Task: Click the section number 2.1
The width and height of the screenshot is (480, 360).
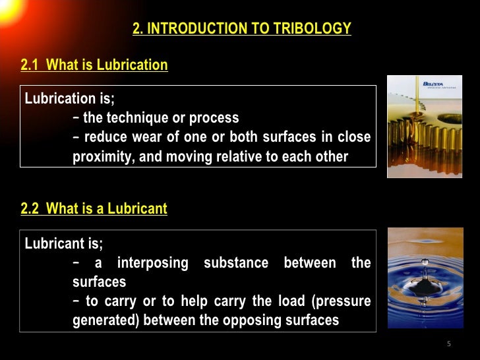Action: click(30, 65)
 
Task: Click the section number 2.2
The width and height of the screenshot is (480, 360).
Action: click(30, 210)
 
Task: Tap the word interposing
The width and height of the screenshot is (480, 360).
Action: click(153, 263)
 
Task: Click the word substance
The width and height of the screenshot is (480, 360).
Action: click(236, 263)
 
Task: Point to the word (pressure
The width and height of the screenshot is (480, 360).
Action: click(344, 301)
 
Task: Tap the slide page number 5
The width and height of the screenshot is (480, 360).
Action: click(448, 344)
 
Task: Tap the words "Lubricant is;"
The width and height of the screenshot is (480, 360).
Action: click(64, 244)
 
